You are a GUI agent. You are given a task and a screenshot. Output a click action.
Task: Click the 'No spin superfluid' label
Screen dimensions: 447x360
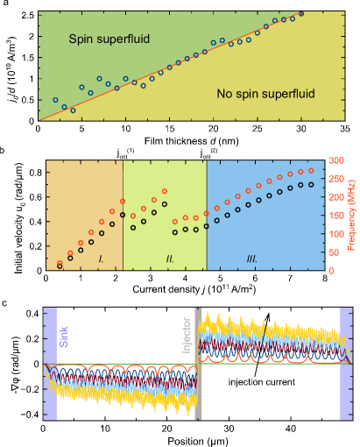point(265,93)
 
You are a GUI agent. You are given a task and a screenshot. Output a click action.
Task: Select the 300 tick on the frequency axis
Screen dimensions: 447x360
point(336,161)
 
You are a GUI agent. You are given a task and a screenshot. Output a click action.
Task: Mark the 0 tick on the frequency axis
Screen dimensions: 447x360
point(332,271)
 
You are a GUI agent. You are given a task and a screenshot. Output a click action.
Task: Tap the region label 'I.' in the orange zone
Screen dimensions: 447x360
point(102,259)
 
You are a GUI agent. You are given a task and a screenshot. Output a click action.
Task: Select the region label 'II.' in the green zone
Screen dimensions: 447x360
point(170,259)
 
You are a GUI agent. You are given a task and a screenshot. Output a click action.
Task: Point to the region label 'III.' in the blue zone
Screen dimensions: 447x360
point(251,259)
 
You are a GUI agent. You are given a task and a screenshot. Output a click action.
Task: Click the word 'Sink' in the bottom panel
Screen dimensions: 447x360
point(62,336)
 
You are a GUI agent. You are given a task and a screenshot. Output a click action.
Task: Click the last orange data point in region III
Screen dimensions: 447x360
point(311,171)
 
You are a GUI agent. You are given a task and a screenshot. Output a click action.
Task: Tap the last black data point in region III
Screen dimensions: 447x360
point(311,185)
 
